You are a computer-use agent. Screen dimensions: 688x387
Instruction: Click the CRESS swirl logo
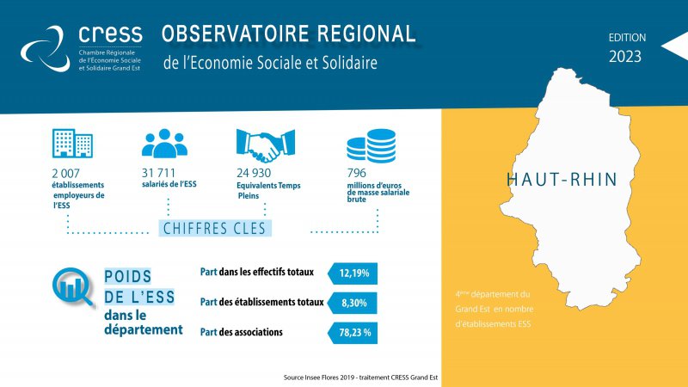click(x=46, y=48)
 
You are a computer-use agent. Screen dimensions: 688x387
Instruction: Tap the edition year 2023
click(x=625, y=57)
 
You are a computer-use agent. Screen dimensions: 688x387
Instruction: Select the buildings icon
click(x=72, y=143)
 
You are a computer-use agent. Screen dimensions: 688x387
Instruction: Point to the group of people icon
click(x=164, y=143)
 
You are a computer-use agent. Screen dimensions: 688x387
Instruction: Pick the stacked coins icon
click(x=372, y=145)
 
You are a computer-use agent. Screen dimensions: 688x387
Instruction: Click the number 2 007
click(x=66, y=174)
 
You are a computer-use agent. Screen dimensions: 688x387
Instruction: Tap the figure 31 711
click(x=158, y=173)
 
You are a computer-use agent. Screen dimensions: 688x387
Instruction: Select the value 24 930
click(x=254, y=173)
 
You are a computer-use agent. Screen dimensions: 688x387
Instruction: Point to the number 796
click(x=356, y=173)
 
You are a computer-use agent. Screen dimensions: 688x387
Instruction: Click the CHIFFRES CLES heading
click(x=214, y=229)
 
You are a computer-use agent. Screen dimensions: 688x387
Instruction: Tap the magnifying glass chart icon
click(x=72, y=287)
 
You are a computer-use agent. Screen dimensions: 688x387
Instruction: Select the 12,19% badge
click(x=353, y=273)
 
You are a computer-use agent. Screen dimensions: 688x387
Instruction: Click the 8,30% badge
click(x=353, y=303)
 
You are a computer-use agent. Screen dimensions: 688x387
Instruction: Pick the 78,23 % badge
click(x=353, y=333)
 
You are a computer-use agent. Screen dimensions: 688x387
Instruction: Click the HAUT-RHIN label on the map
click(x=562, y=180)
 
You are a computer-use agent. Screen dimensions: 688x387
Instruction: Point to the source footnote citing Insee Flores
click(x=360, y=378)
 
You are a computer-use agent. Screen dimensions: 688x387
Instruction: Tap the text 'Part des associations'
click(x=242, y=332)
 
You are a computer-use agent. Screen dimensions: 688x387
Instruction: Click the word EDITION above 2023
click(x=627, y=38)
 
